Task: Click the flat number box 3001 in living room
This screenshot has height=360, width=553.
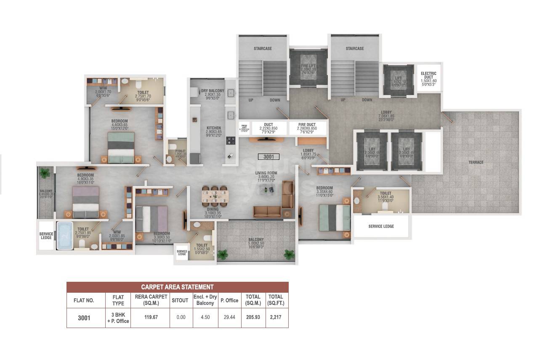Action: pyautogui.click(x=269, y=157)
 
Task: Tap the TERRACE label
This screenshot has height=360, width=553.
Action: pyautogui.click(x=476, y=162)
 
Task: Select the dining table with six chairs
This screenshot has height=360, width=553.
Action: pyautogui.click(x=215, y=196)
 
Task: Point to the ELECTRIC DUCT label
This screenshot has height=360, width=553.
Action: pyautogui.click(x=428, y=76)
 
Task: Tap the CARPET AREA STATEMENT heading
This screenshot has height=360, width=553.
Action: pyautogui.click(x=177, y=287)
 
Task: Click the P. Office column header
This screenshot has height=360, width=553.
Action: pyautogui.click(x=229, y=300)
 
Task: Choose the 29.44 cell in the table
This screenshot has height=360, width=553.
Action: pyautogui.click(x=229, y=318)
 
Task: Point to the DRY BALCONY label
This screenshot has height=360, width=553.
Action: pyautogui.click(x=213, y=91)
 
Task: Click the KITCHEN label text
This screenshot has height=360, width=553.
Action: pyautogui.click(x=214, y=128)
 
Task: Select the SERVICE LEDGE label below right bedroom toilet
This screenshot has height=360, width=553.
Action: pyautogui.click(x=381, y=226)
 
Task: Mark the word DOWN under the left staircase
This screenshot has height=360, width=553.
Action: pyautogui.click(x=275, y=100)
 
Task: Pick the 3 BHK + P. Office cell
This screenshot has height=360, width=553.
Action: pyautogui.click(x=118, y=318)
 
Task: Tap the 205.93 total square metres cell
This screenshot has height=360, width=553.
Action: pyautogui.click(x=253, y=318)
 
